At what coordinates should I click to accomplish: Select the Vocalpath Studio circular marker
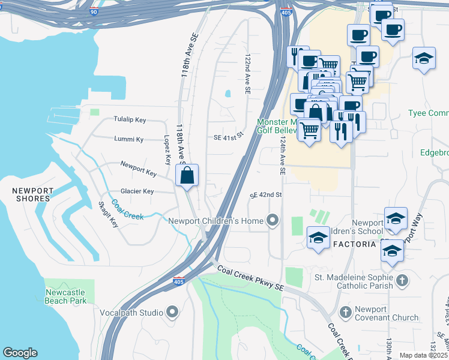click(173, 311)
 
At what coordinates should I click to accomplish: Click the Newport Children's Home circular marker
click(273, 221)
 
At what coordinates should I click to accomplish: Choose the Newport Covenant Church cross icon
click(345, 312)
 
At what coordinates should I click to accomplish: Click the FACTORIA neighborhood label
click(354, 244)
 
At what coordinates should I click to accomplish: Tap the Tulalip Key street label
click(130, 120)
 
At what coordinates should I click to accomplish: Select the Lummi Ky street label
click(129, 139)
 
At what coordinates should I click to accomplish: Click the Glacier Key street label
click(136, 191)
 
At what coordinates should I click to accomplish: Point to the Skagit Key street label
click(109, 214)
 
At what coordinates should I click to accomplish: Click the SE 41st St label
click(228, 137)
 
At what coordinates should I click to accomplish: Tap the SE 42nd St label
click(266, 195)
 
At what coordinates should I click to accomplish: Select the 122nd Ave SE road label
click(247, 74)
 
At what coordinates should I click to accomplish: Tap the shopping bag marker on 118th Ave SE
click(187, 176)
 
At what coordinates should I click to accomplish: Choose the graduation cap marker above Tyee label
click(424, 59)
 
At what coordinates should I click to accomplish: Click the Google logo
click(20, 352)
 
